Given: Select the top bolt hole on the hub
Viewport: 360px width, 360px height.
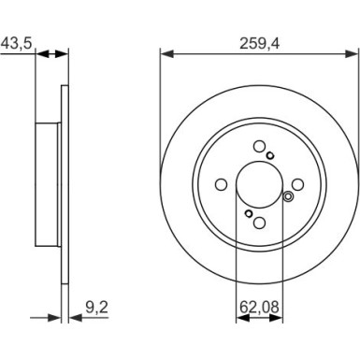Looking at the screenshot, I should tap(258, 146).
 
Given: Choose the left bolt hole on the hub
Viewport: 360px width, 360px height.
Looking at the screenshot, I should tap(220, 184).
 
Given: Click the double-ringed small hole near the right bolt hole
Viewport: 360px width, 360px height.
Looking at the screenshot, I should tap(289, 196).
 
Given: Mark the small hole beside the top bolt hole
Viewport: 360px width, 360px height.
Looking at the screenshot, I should tap(270, 155).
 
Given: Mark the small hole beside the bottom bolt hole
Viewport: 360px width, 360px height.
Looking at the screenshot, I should tap(248, 213).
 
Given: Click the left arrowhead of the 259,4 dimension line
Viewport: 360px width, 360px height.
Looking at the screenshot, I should tap(166, 53).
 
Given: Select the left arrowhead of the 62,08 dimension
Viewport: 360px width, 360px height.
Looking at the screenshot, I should tap(238, 317).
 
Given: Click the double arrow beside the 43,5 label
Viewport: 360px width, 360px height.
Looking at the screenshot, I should tap(53, 53).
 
